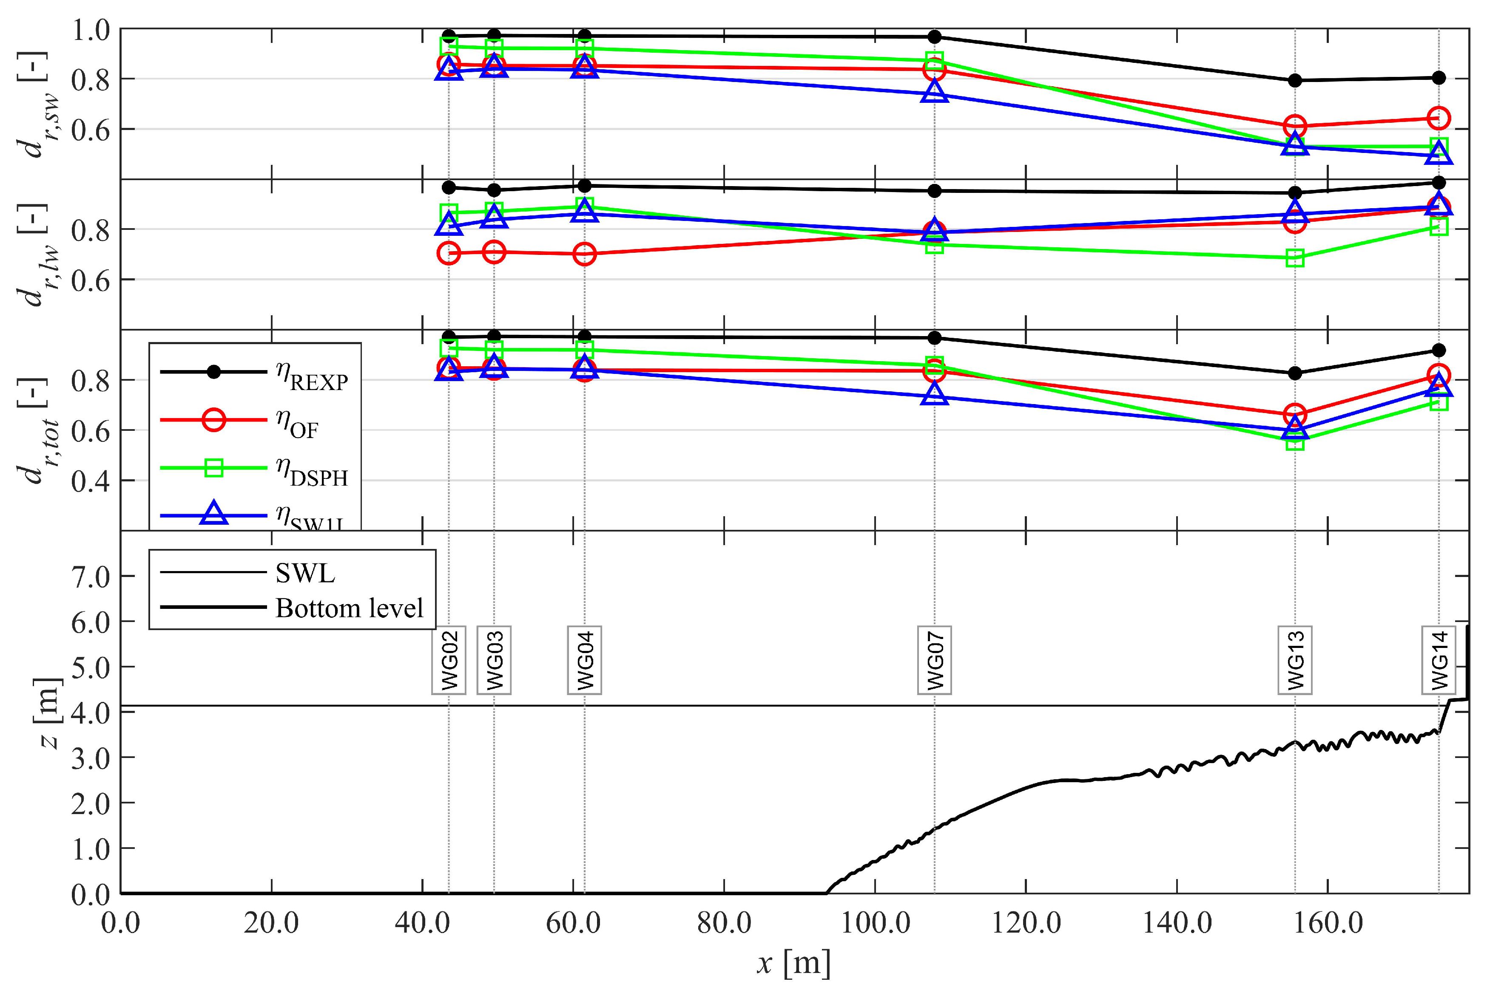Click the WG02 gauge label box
point(449,660)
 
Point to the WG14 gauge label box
point(1439,660)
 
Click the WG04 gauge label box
point(584,660)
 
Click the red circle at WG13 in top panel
point(1295,127)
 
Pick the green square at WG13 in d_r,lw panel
point(1295,258)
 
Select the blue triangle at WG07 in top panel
point(934,92)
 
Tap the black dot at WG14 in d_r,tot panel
point(1439,350)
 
